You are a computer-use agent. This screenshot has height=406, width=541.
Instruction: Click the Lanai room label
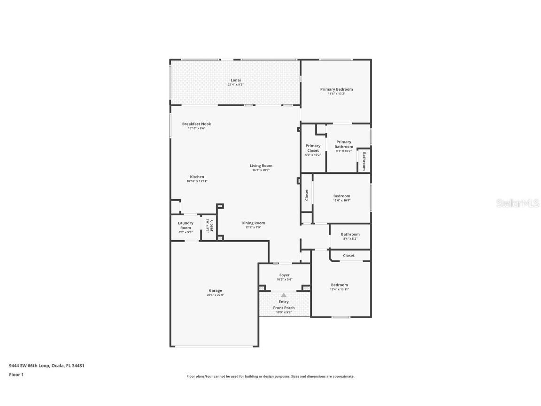(236, 80)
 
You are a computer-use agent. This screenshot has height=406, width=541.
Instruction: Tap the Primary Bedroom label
(336, 89)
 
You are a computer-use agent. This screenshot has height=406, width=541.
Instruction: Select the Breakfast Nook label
(196, 124)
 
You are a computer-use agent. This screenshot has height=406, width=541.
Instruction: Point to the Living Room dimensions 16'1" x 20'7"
(261, 170)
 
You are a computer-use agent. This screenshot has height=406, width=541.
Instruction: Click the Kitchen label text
(197, 177)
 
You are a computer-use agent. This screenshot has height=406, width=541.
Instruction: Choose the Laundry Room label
(185, 226)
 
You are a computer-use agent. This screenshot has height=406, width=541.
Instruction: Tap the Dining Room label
(253, 223)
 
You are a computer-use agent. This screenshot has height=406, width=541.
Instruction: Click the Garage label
(216, 290)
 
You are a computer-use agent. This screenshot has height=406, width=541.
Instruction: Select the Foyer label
(284, 275)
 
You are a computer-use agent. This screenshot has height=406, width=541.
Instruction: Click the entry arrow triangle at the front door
(284, 295)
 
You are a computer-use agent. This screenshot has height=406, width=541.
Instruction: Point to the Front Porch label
(284, 308)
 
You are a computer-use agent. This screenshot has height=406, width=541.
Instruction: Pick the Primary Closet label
(313, 148)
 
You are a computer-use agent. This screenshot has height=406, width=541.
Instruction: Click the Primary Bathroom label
(344, 144)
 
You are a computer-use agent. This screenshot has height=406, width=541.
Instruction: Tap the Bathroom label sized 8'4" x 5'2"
(350, 234)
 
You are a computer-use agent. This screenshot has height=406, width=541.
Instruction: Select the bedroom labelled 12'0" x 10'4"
(341, 196)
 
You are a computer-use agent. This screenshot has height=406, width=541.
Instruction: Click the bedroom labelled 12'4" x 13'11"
(339, 285)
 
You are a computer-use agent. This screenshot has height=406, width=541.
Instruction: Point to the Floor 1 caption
(16, 375)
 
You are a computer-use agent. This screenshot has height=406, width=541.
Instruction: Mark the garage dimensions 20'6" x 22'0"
(216, 295)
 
